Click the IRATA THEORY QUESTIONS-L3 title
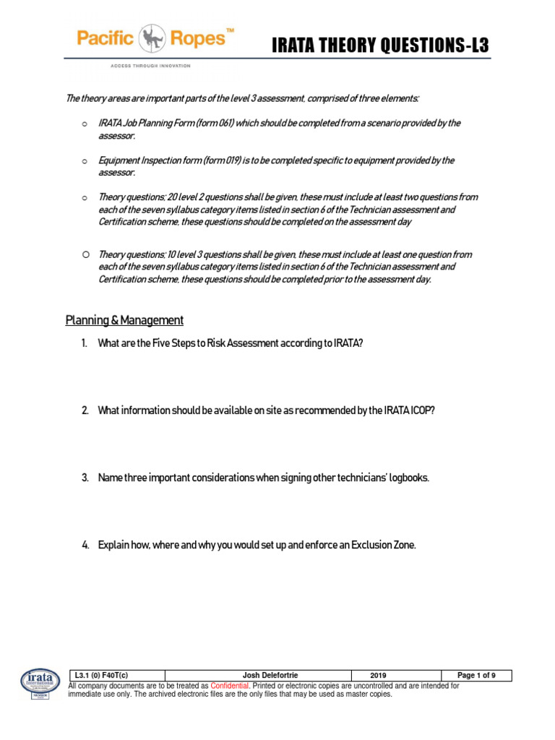(x=380, y=46)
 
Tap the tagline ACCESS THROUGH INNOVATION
(x=150, y=66)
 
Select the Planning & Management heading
(x=124, y=320)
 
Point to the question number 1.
(x=85, y=343)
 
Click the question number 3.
(x=85, y=478)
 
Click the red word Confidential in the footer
(x=229, y=685)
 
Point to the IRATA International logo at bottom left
(x=40, y=683)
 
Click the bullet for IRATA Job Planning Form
(x=85, y=124)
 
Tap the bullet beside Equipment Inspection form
(x=85, y=160)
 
